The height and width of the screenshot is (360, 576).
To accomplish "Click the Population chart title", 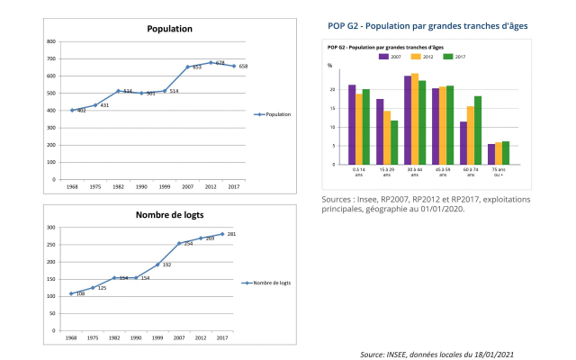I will [170, 29].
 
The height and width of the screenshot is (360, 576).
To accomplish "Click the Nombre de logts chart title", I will [170, 214].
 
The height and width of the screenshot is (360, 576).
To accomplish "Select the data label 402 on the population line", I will [81, 111].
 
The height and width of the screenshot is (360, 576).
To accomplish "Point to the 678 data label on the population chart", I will [220, 62].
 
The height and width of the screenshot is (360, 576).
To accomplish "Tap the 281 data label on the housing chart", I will [231, 234].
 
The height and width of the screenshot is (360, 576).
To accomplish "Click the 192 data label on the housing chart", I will [166, 265].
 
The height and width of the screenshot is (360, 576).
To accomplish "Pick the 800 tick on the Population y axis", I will [51, 41].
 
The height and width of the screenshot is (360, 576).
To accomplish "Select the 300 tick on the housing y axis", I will [51, 227].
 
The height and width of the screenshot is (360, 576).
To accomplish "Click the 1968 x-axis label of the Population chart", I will [72, 186].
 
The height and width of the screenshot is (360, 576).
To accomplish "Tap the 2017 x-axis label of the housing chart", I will [222, 338].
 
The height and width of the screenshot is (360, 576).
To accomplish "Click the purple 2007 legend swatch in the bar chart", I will [383, 56].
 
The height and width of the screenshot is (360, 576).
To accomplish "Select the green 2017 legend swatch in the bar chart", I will [447, 56].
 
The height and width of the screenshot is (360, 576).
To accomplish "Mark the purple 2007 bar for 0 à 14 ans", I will [352, 125].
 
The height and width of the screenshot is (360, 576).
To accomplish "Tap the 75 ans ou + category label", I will [499, 172].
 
